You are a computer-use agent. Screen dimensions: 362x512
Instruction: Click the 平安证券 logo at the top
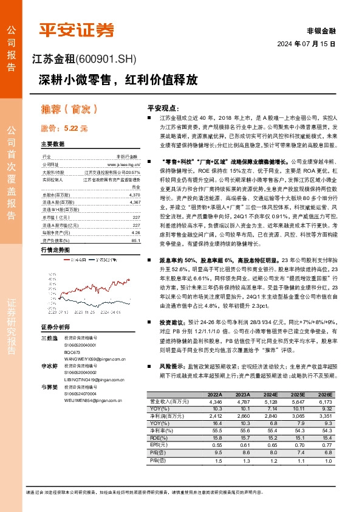pos(76,29)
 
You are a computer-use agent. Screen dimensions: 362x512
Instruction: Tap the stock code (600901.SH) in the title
pos(107,60)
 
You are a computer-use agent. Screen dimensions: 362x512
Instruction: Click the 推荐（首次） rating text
pos(69,109)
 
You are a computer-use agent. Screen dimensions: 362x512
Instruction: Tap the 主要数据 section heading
pos(52,144)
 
